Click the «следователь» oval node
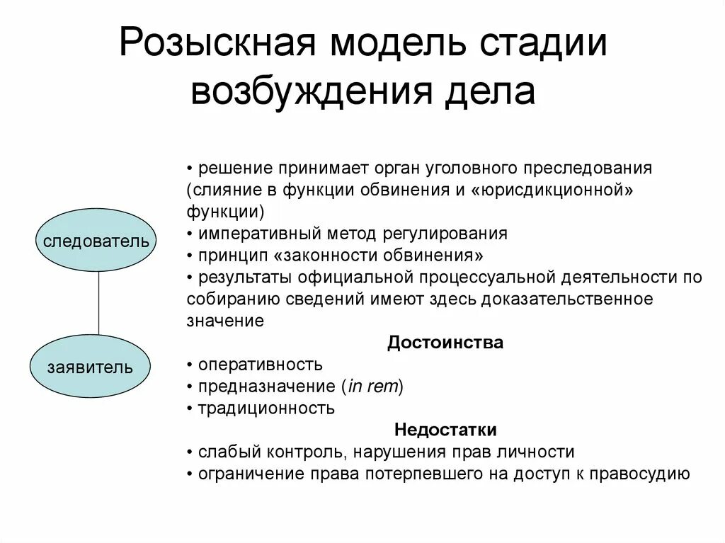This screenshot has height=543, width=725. pos(96,240)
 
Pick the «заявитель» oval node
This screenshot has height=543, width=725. pos(90,367)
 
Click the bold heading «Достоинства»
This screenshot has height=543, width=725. pos(445,343)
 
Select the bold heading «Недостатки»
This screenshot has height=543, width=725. pos(445,430)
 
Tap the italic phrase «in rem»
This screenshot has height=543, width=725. pos(372,387)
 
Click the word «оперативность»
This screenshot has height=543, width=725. pos(260,365)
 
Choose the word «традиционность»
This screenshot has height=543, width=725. pos(266,408)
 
